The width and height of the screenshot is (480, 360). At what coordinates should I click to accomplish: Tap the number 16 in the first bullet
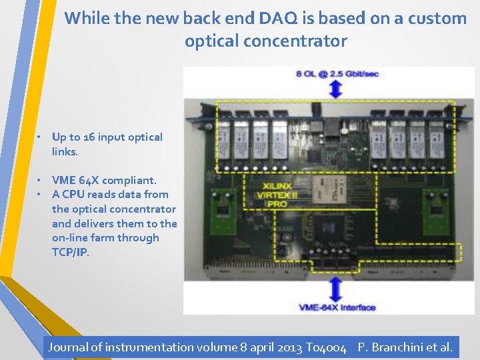click(x=92, y=137)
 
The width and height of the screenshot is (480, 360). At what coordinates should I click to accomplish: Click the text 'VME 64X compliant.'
click(x=104, y=180)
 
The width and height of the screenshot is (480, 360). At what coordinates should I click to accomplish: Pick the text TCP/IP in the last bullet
click(x=70, y=253)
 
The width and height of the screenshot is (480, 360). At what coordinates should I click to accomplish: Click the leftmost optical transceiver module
click(x=223, y=138)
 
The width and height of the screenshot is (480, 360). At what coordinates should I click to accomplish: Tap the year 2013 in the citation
click(x=289, y=347)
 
